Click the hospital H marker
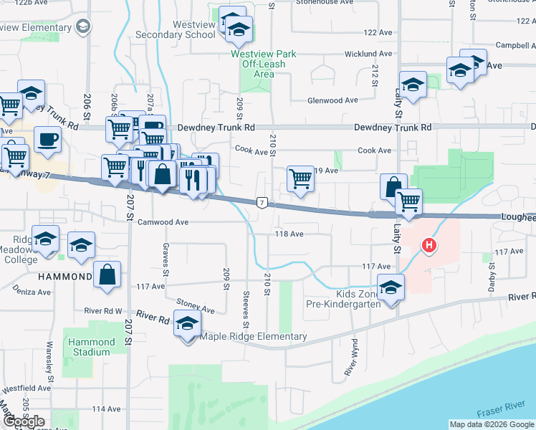[x=429, y=246]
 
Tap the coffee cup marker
[x=47, y=138]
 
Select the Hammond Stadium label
[x=90, y=347]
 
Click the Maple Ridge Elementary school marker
[x=187, y=325]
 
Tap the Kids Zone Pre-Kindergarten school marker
[x=391, y=288]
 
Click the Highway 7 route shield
[x=263, y=203]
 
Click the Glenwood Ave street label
[x=332, y=100]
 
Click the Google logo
[x=23, y=421]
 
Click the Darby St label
[x=492, y=274]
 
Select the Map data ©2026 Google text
[x=491, y=424]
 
